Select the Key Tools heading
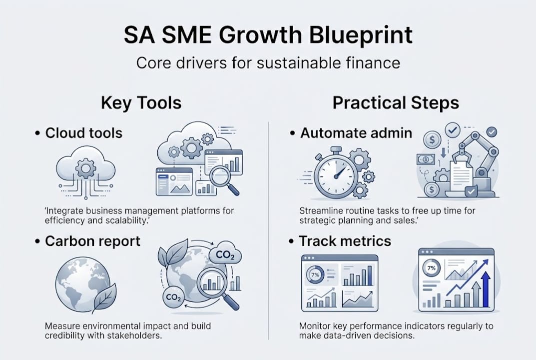[141, 103]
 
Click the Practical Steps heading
[396, 103]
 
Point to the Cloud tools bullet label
[84, 133]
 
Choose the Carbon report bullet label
[93, 241]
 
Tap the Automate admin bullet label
[356, 133]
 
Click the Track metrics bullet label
[345, 241]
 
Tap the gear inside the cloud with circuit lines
[85, 168]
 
